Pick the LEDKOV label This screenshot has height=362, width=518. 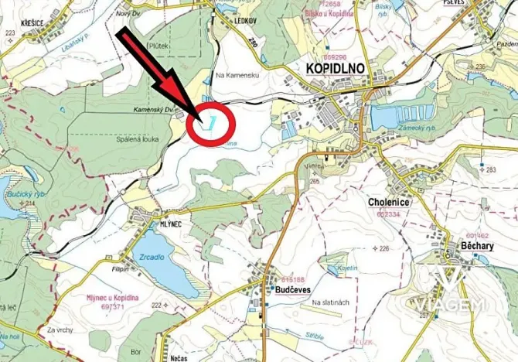coord(244,22)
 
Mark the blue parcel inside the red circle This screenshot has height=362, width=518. coord(208,121)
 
